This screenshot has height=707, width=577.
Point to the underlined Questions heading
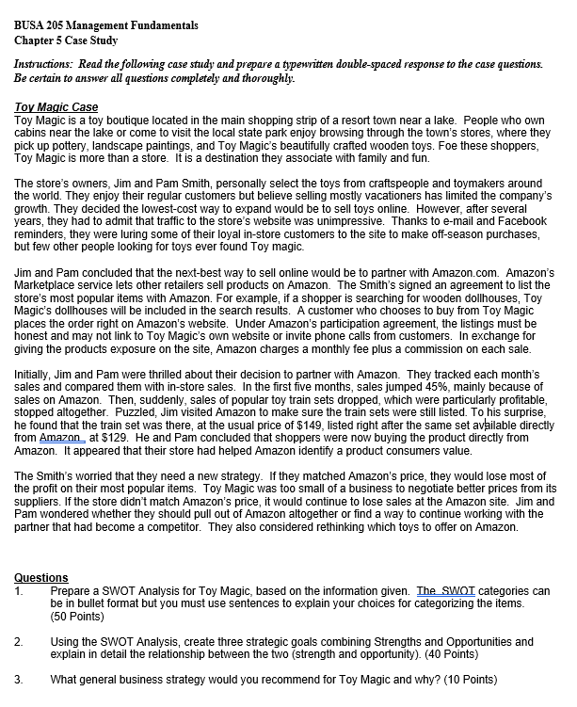click(41, 577)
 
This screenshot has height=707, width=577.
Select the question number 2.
click(19, 640)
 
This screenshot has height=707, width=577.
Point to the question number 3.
click(19, 679)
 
